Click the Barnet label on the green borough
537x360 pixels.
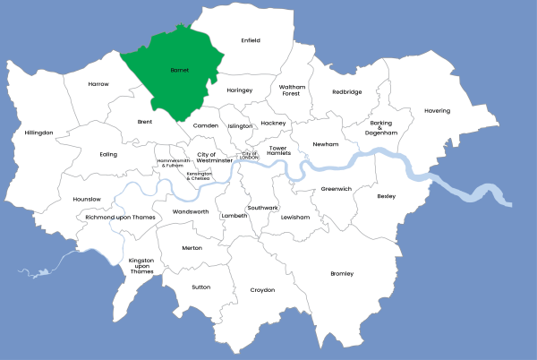[x=179, y=69]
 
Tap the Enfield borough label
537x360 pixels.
[x=251, y=40]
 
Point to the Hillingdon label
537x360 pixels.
[x=39, y=133]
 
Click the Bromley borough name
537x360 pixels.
[x=342, y=273]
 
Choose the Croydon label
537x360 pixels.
[x=262, y=290]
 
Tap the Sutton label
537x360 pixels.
[x=200, y=287]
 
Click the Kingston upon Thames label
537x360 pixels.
[x=141, y=266]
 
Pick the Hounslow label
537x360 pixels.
[x=86, y=199]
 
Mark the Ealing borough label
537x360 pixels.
[x=108, y=154]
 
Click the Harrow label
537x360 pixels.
[x=98, y=84]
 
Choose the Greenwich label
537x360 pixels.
[x=337, y=189]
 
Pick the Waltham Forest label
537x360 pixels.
[x=292, y=90]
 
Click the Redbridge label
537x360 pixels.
[x=347, y=91]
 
